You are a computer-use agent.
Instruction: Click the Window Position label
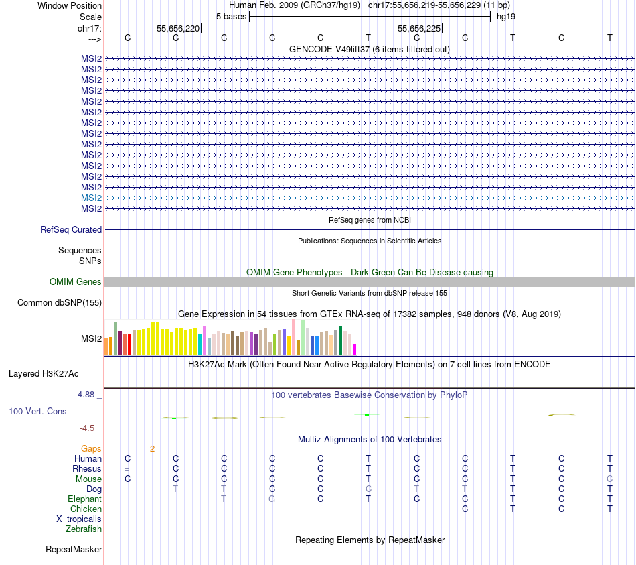[70, 5]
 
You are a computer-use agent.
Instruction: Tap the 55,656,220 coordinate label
[178, 28]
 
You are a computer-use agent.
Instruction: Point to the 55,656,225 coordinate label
[419, 28]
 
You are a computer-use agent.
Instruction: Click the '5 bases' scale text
[231, 16]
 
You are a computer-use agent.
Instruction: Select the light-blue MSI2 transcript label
[91, 198]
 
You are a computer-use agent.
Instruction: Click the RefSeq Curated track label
[71, 229]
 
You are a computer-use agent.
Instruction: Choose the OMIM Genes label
[76, 282]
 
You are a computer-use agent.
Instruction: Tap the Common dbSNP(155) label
[60, 303]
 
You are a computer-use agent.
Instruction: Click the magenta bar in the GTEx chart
[355, 349]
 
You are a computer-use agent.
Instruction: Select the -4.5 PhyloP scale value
[88, 428]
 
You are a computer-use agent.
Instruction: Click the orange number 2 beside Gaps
[152, 448]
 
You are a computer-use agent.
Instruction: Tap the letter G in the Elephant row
[272, 499]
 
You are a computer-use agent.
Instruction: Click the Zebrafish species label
[84, 529]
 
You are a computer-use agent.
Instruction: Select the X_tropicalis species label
[79, 519]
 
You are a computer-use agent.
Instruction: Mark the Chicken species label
[85, 509]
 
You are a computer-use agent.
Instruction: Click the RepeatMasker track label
[74, 550]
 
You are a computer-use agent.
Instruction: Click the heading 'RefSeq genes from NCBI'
[370, 220]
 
